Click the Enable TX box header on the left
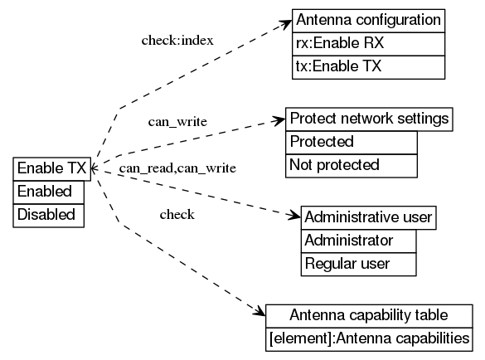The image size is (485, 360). click(x=51, y=168)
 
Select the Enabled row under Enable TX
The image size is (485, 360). click(x=51, y=192)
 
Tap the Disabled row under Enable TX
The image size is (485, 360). click(x=51, y=215)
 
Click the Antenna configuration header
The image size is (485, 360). click(x=368, y=20)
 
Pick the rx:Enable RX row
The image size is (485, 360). click(x=368, y=43)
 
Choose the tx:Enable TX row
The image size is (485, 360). click(x=368, y=66)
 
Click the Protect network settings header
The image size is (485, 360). click(x=369, y=119)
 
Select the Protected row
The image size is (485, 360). click(x=351, y=142)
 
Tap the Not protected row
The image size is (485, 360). click(x=351, y=165)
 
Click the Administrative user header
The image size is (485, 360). click(x=368, y=217)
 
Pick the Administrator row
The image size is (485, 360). click(x=358, y=241)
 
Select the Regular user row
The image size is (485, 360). click(x=358, y=264)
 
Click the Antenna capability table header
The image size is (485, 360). click(x=369, y=315)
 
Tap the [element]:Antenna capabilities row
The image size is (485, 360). click(x=369, y=338)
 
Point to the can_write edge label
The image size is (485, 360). click(x=177, y=122)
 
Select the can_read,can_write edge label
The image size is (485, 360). click(x=177, y=168)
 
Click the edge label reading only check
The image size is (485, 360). click(x=177, y=215)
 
